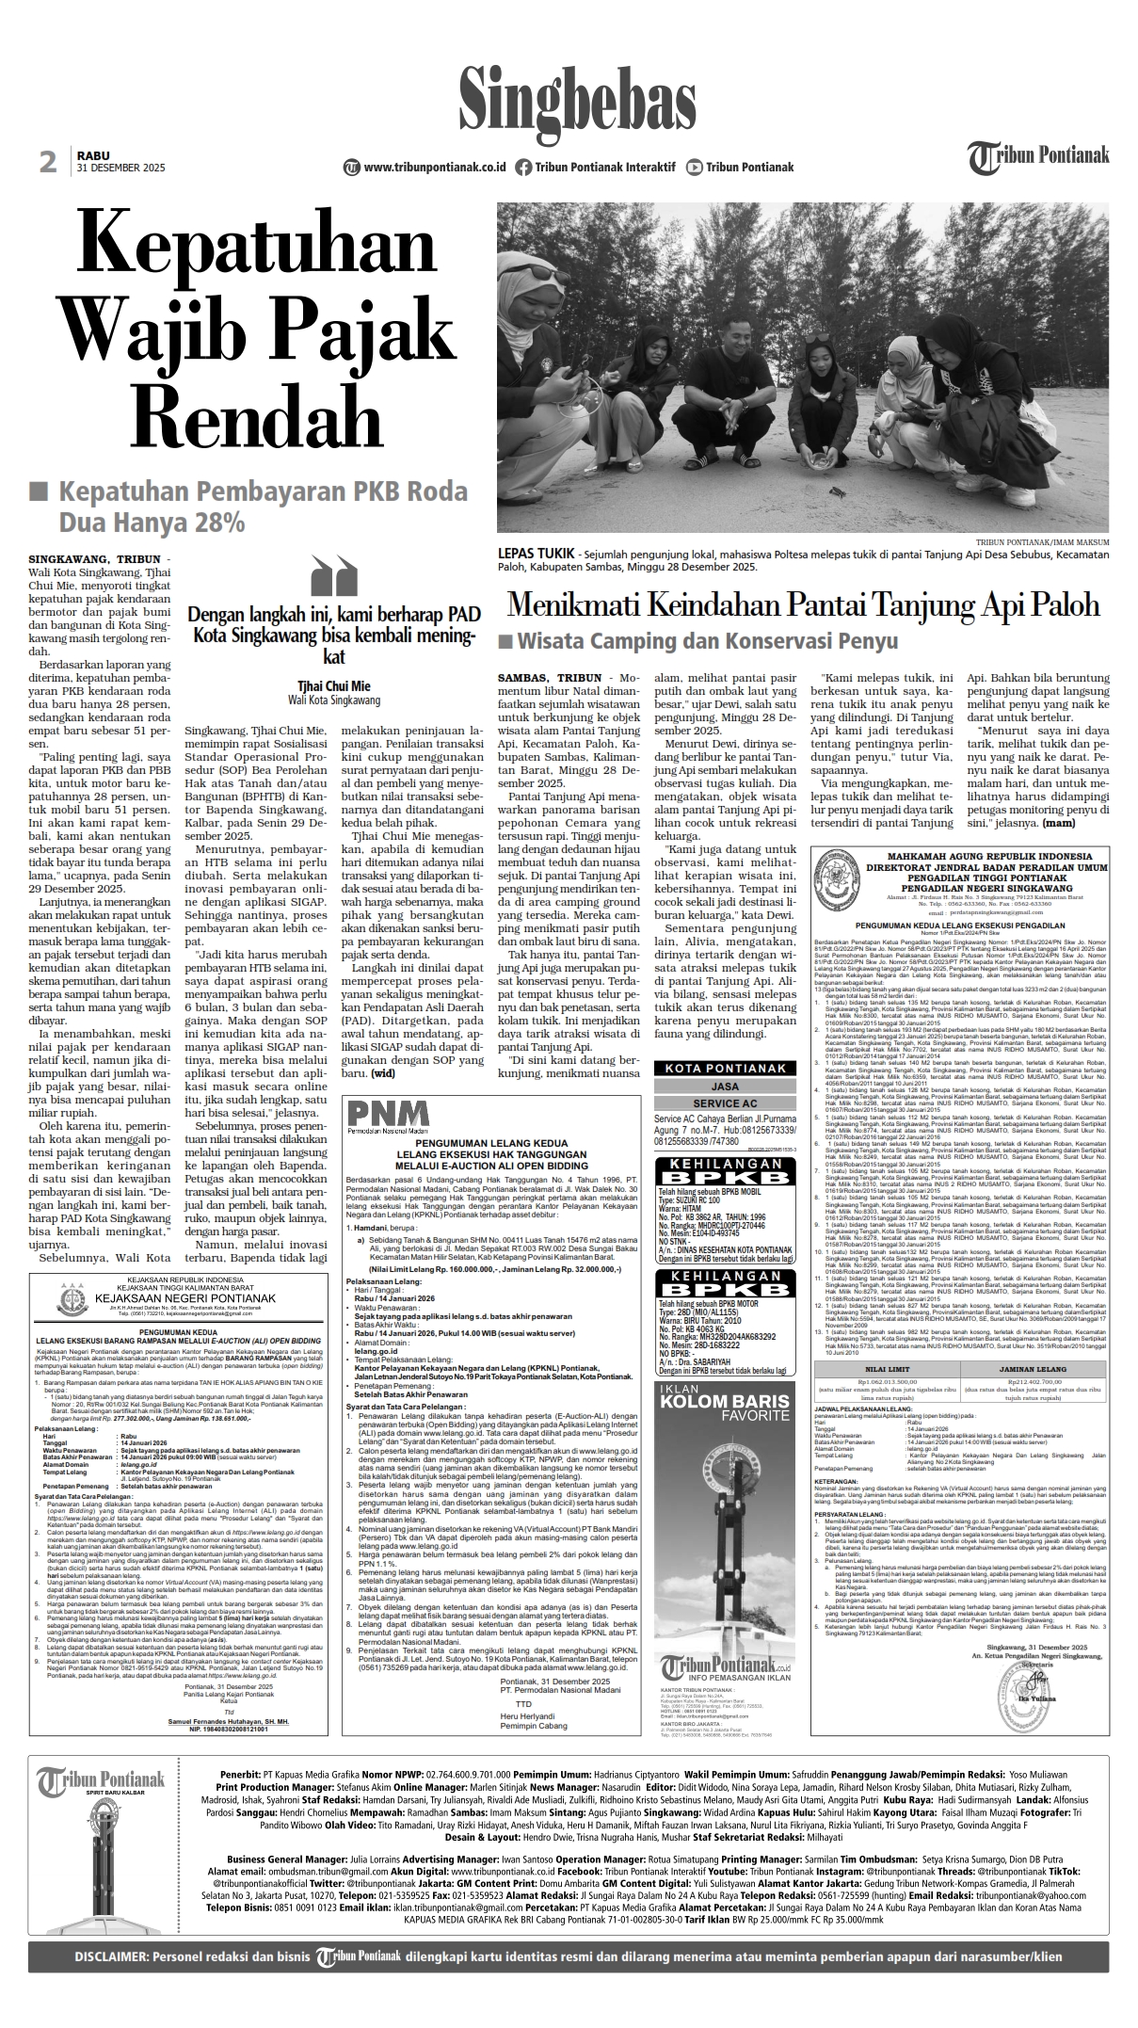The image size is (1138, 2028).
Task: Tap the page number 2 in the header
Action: tap(48, 162)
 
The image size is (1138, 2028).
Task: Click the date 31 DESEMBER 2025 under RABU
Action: tap(120, 169)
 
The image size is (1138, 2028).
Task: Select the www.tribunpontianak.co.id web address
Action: tap(434, 168)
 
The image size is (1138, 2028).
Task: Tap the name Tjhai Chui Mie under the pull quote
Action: tap(334, 685)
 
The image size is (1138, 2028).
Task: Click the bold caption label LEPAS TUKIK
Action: tap(536, 554)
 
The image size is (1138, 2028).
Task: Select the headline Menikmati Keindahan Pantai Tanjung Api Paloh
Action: tap(803, 604)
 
